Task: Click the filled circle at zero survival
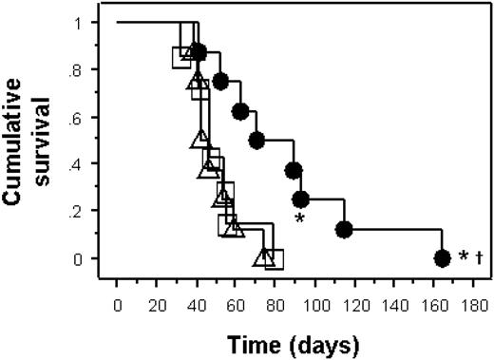click(441, 257)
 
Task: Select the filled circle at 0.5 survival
click(256, 141)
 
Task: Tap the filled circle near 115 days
click(344, 229)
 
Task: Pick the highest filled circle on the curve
click(199, 51)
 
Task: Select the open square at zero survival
click(274, 258)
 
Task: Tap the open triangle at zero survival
click(262, 256)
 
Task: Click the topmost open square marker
click(182, 58)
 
